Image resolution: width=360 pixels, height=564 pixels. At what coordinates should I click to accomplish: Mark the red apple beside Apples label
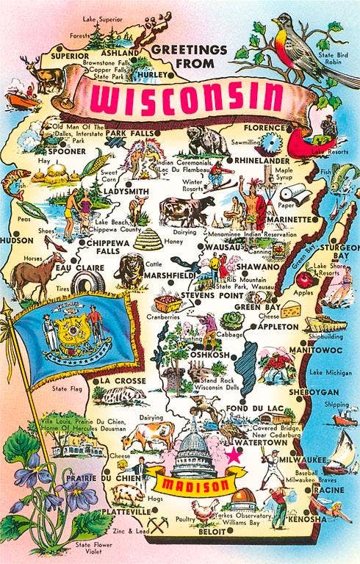tap(304, 279)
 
